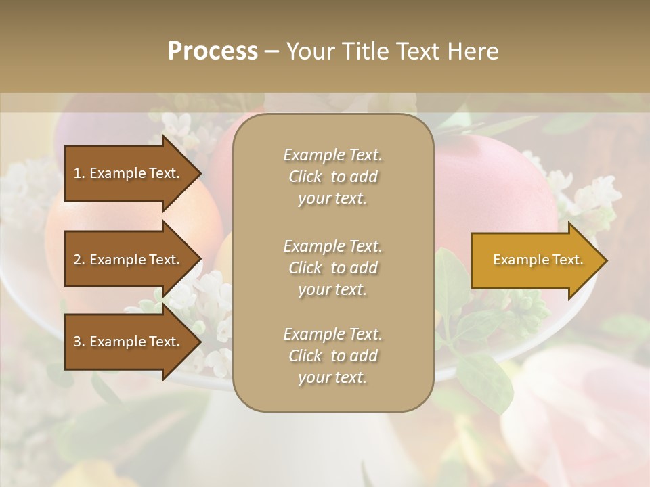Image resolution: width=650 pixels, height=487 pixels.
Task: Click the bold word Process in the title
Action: pyautogui.click(x=213, y=51)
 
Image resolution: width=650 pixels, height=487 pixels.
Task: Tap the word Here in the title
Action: pyautogui.click(x=472, y=51)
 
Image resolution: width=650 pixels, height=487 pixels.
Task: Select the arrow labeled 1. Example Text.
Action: pyautogui.click(x=129, y=173)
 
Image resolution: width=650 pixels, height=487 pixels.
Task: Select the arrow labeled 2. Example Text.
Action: pyautogui.click(x=129, y=260)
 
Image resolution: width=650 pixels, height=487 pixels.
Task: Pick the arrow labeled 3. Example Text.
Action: pyautogui.click(x=129, y=342)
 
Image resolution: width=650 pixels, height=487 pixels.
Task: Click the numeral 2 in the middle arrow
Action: pyautogui.click(x=77, y=260)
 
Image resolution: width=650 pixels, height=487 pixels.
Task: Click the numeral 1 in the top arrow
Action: pyautogui.click(x=77, y=173)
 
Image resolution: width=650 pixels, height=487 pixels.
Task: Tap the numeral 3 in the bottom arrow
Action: pyautogui.click(x=77, y=342)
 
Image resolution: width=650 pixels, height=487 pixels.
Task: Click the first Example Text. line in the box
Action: pyautogui.click(x=332, y=155)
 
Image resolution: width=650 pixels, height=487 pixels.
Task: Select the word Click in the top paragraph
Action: pyautogui.click(x=305, y=177)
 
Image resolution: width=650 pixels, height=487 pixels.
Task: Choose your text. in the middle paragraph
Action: pyautogui.click(x=332, y=289)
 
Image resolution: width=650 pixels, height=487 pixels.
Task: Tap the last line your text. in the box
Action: pyautogui.click(x=332, y=377)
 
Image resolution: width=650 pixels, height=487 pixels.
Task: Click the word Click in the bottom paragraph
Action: pyautogui.click(x=305, y=356)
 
